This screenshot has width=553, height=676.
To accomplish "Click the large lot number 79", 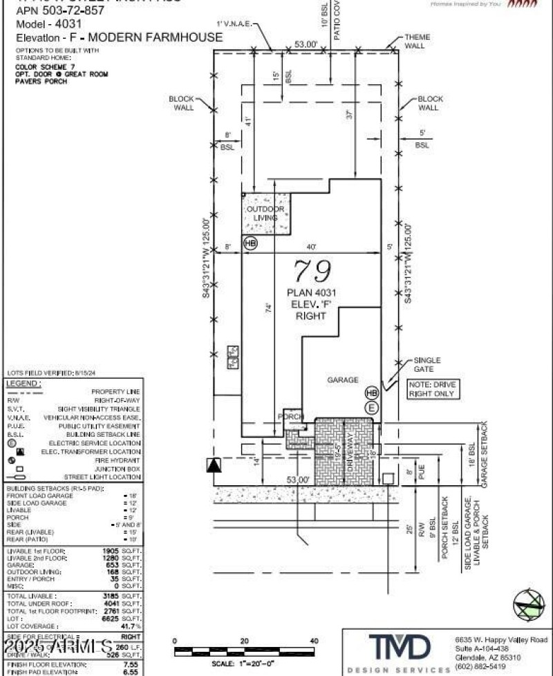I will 312,271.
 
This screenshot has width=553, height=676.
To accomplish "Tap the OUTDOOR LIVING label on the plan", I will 265,213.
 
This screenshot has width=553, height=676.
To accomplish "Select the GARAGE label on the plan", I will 343,379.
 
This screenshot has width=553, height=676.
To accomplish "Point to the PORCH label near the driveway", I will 291,417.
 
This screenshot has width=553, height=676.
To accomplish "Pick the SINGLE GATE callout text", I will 428,364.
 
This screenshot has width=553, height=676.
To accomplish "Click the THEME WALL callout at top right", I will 417,41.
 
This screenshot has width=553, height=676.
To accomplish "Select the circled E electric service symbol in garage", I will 373,407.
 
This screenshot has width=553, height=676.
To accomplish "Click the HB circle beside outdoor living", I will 250,243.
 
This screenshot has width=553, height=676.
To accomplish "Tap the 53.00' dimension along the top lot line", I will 306,44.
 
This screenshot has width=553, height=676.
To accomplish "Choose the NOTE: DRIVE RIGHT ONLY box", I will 433,388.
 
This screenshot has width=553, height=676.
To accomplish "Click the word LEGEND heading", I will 24,383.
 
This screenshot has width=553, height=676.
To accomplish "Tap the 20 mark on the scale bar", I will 244,641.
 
